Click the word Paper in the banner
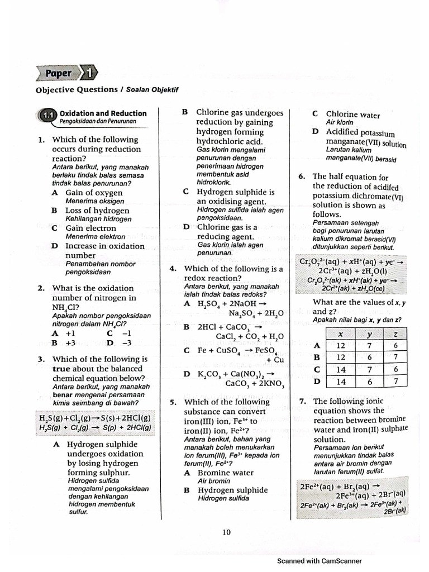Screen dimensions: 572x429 click(x=58, y=73)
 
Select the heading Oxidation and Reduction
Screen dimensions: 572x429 click(x=103, y=113)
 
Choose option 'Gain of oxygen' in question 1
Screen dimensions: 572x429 click(x=94, y=192)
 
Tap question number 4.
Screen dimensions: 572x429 click(x=173, y=269)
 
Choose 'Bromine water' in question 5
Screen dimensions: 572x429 click(x=226, y=473)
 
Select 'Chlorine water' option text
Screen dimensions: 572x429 click(x=353, y=115)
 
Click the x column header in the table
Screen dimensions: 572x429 click(x=341, y=333)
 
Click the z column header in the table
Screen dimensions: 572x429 click(x=395, y=333)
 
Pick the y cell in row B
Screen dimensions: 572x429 click(x=369, y=357)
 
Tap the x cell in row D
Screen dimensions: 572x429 click(x=341, y=382)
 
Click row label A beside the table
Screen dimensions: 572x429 click(x=317, y=346)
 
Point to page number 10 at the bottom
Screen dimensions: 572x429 click(x=226, y=532)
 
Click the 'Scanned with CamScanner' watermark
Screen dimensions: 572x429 click(x=319, y=561)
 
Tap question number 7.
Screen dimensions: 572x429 click(x=302, y=401)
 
